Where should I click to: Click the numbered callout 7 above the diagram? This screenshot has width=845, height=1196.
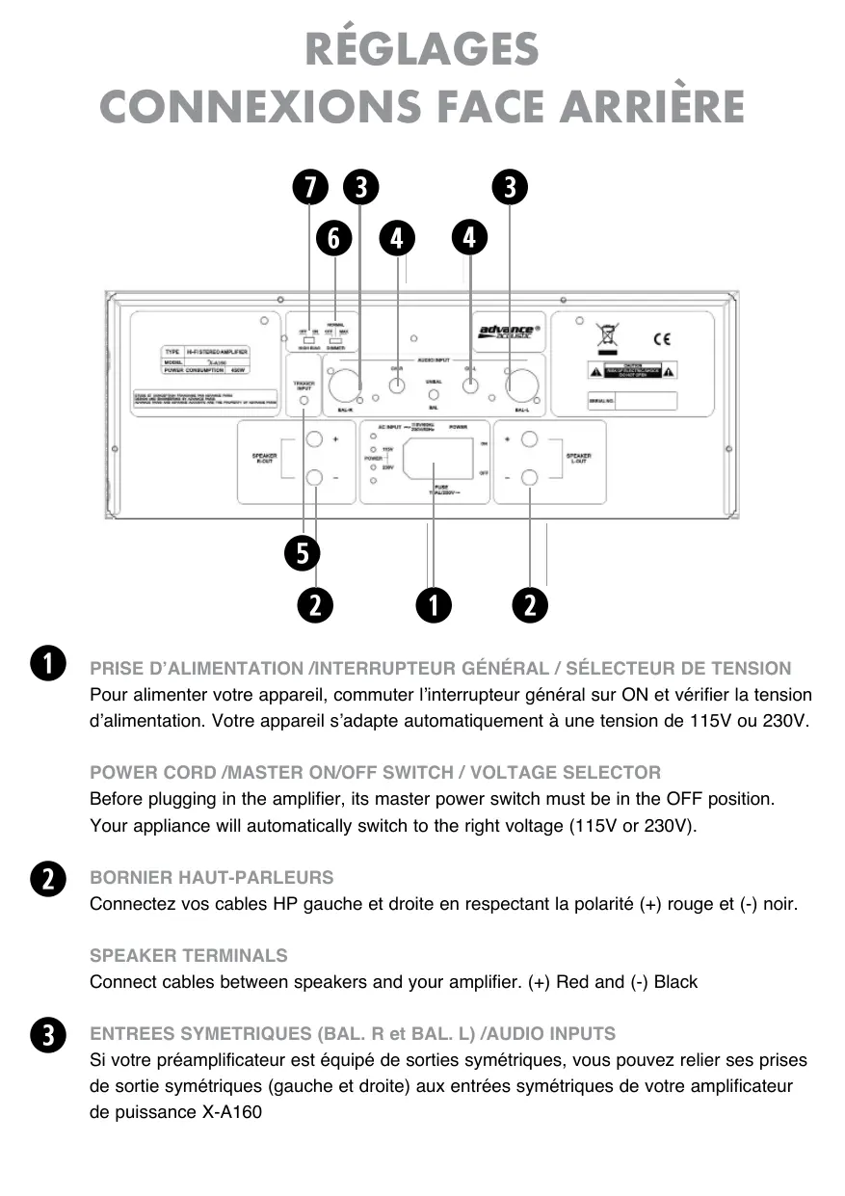tap(309, 187)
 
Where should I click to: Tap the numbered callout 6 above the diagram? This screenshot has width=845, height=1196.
tap(334, 237)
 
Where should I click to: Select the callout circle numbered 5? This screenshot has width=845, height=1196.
tap(303, 553)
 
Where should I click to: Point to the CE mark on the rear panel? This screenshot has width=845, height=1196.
tap(661, 338)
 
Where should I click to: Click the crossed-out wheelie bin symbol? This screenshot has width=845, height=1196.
tap(607, 337)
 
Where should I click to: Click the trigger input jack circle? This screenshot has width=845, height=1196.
tap(304, 402)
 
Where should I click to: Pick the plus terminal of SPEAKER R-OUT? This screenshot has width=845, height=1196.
tap(315, 440)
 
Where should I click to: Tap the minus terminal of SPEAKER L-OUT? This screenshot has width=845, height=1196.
tap(529, 476)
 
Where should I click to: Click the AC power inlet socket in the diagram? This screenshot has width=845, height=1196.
tap(438, 459)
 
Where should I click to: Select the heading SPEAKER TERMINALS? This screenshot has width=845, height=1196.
tap(189, 956)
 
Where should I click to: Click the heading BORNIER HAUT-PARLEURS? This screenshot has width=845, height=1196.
tap(212, 878)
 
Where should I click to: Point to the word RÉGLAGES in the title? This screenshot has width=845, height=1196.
tap(422, 50)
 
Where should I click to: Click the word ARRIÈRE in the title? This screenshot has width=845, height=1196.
tap(642, 106)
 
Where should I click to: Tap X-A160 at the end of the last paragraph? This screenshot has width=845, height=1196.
tap(232, 1112)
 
